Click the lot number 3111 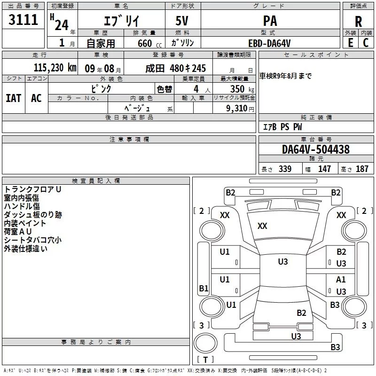coord(23,20)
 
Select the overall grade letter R coord(358,22)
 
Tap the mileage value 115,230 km coord(55,68)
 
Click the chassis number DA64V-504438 coord(316,149)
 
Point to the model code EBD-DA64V coord(269,43)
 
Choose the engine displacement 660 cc coord(149,44)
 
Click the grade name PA coord(270,21)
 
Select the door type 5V coord(182,21)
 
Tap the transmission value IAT coord(14,98)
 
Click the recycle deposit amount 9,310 coord(237,109)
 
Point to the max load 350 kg coord(242,89)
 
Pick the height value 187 coord(362,169)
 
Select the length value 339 coord(285,169)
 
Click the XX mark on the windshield coord(262,226)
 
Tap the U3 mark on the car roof coord(283,262)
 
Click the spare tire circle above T coord(205,343)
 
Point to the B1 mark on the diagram coord(204,288)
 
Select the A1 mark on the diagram coord(341,280)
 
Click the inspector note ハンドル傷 coord(22,206)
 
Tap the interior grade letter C coord(366,43)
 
